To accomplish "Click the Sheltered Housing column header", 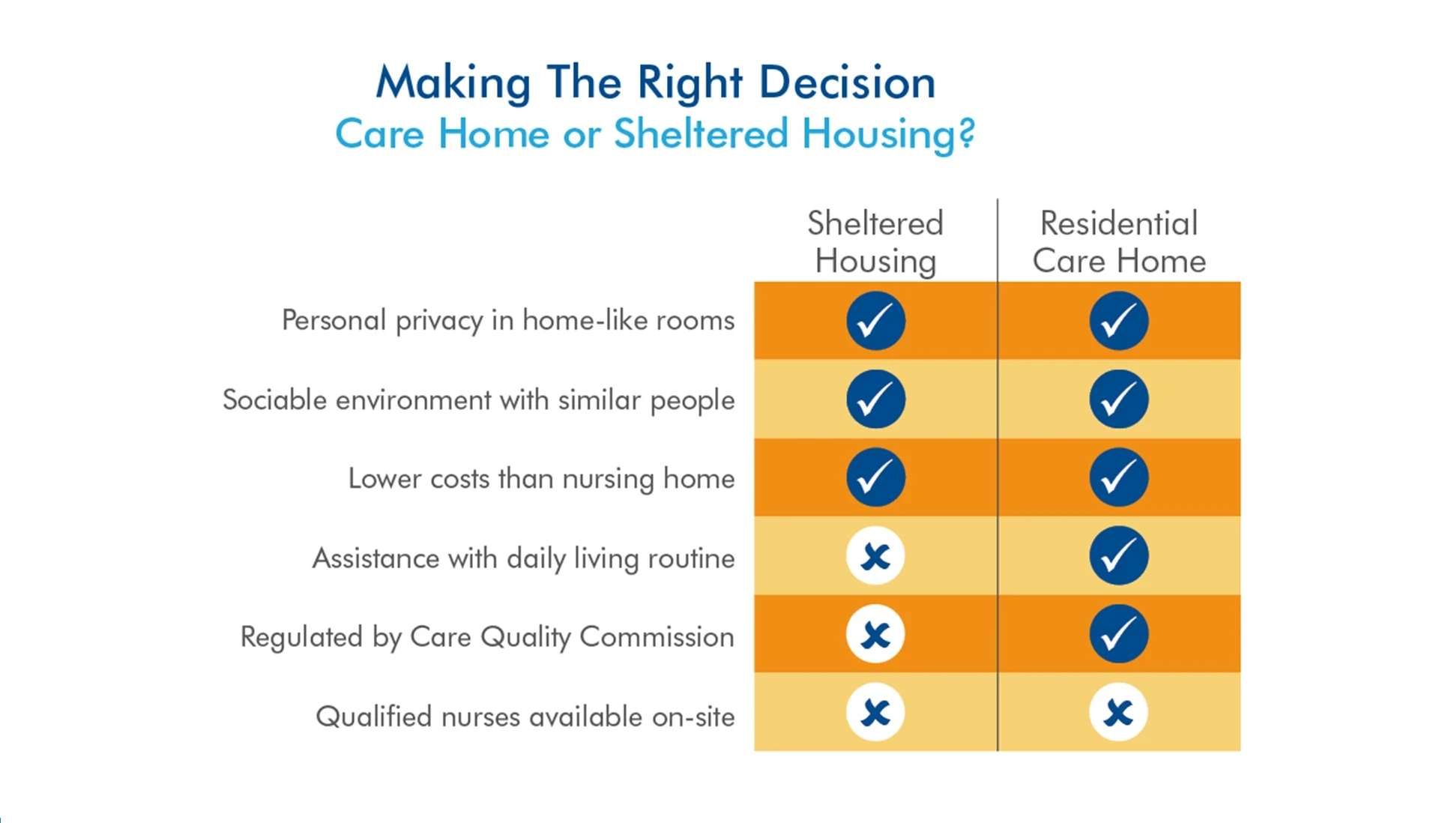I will (875, 241).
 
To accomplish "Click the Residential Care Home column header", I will (1118, 241).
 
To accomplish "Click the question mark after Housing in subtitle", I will (966, 134).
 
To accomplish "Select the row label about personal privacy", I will (507, 321).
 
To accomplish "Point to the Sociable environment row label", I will (478, 400).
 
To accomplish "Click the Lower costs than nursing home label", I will (541, 478).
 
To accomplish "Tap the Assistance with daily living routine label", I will (523, 558).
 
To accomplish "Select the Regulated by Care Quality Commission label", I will (487, 637).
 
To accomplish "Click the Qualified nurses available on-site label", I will (525, 717).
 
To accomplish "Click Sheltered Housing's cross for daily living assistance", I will (875, 556).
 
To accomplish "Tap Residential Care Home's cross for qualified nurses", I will (1118, 712).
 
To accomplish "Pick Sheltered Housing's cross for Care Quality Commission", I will (875, 634).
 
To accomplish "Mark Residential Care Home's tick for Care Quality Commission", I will (1118, 634).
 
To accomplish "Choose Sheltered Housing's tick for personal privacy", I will (875, 321).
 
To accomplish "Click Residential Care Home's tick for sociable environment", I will (1118, 399).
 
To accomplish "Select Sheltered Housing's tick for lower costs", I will (875, 477).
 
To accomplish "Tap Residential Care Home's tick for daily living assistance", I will (1118, 555).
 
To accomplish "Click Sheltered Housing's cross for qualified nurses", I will (875, 712).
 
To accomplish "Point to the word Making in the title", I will (453, 82).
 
